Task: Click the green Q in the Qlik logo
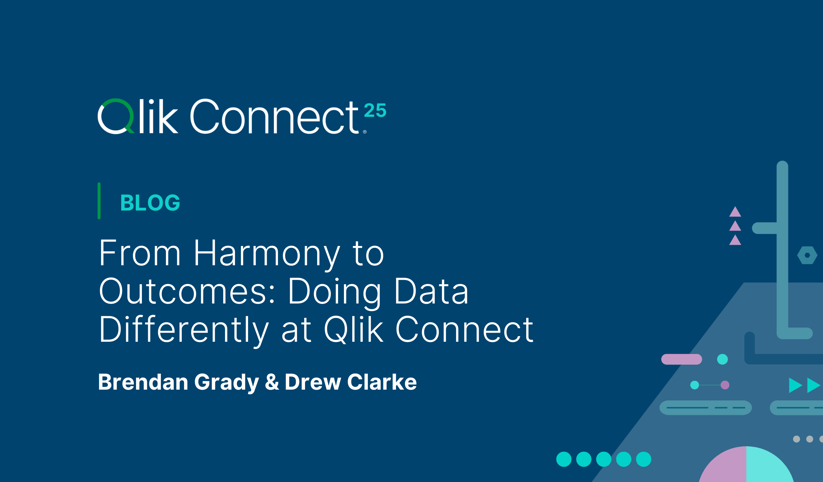click(x=115, y=116)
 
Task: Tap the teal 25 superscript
click(x=375, y=110)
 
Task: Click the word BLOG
click(x=150, y=203)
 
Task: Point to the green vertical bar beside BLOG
click(x=99, y=201)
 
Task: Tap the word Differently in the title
click(x=184, y=330)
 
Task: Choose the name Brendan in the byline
click(x=143, y=382)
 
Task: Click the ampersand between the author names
click(x=272, y=382)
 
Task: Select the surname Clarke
click(x=382, y=382)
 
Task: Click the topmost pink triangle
click(x=735, y=212)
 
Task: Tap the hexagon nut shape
click(x=807, y=255)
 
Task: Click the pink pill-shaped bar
click(x=682, y=359)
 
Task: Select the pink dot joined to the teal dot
click(x=725, y=385)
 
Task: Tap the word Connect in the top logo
click(x=274, y=117)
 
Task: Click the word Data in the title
click(x=431, y=291)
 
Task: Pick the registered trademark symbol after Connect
click(x=365, y=132)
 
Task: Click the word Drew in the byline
click(x=313, y=382)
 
